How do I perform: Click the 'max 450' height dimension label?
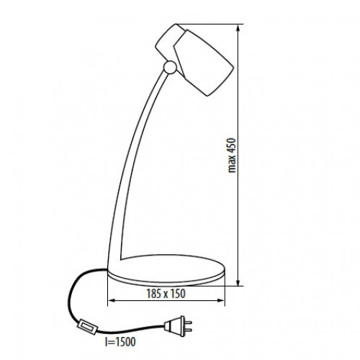point(232,156)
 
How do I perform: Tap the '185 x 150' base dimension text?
point(166,294)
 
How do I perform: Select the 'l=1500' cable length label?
point(120,342)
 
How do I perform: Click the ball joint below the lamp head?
point(170,67)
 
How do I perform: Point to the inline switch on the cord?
point(88,327)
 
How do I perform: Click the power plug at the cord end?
point(178,325)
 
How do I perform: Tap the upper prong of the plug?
point(188,322)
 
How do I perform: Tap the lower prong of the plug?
point(188,330)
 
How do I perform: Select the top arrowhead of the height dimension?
point(238,28)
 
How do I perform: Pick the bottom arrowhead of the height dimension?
point(238,282)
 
